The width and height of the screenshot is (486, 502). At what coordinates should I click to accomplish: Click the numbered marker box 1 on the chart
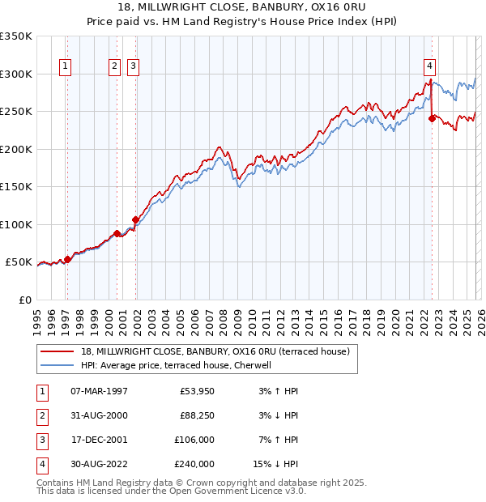pyautogui.click(x=65, y=67)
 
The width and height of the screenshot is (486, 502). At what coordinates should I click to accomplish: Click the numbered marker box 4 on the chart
pyautogui.click(x=429, y=67)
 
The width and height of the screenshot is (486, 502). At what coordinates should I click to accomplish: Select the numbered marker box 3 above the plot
pyautogui.click(x=133, y=67)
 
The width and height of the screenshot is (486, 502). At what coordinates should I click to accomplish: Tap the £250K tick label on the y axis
pyautogui.click(x=16, y=112)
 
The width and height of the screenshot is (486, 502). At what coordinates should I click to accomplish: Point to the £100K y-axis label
pyautogui.click(x=16, y=224)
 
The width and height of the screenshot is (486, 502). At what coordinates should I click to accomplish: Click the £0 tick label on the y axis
pyautogui.click(x=24, y=300)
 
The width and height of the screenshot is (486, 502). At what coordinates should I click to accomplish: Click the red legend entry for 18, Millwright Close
pyautogui.click(x=215, y=351)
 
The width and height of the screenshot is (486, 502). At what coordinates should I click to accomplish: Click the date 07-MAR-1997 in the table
pyautogui.click(x=99, y=391)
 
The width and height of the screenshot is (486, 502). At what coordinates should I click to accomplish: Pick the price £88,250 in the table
pyautogui.click(x=197, y=415)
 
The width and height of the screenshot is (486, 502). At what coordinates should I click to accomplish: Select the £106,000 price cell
pyautogui.click(x=194, y=440)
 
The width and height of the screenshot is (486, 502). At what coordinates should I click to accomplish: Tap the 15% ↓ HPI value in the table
pyautogui.click(x=277, y=464)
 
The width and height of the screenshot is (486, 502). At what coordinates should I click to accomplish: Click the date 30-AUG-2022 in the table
pyautogui.click(x=99, y=464)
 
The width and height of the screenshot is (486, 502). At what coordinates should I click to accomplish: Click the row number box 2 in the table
pyautogui.click(x=40, y=415)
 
